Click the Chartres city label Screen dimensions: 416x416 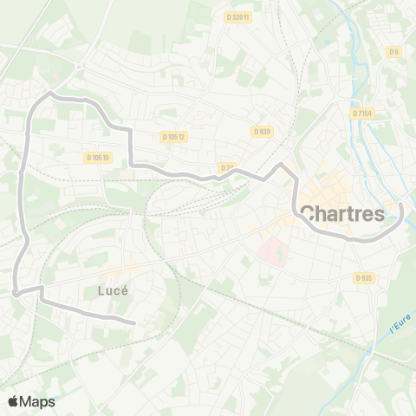(x=342, y=213)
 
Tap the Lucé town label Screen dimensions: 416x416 (x=114, y=291)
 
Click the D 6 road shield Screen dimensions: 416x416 (x=394, y=52)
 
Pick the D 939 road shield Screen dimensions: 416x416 (x=262, y=131)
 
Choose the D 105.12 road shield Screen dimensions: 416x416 (x=174, y=136)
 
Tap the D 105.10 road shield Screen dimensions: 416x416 (x=99, y=157)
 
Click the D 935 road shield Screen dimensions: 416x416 (x=363, y=278)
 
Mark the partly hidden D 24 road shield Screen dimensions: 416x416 (x=227, y=167)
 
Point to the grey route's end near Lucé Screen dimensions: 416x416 (x=134, y=324)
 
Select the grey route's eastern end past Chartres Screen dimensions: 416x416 (x=401, y=205)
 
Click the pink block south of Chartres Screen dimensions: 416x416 (x=271, y=251)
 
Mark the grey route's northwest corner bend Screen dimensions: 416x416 (x=51, y=93)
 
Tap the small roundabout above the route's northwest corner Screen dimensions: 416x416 (x=79, y=65)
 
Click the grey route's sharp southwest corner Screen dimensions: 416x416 (x=16, y=293)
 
